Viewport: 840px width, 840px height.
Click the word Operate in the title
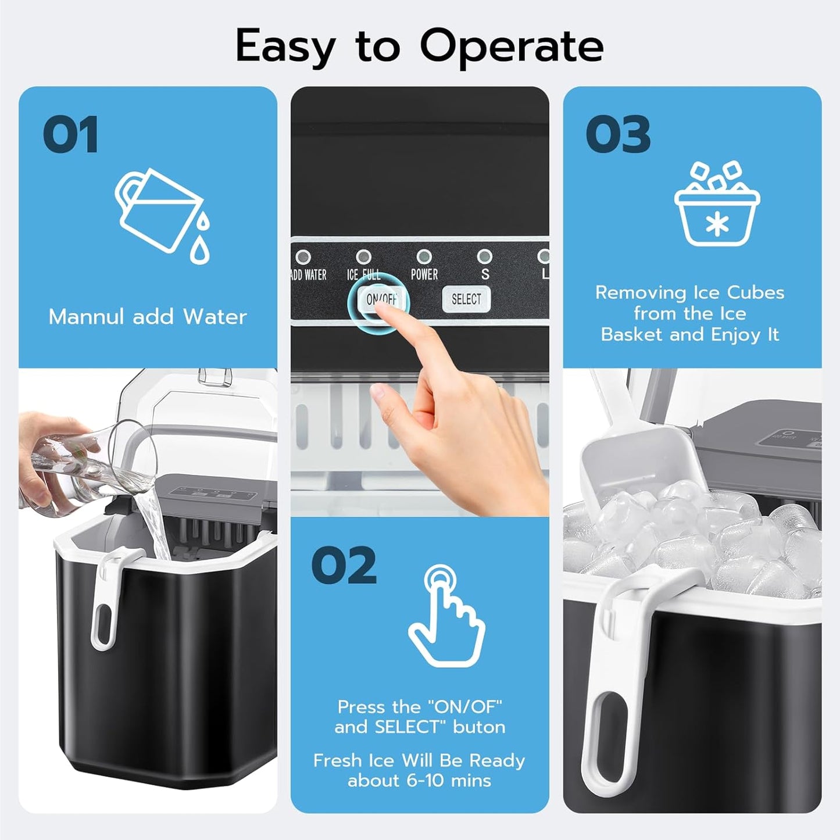tap(512, 47)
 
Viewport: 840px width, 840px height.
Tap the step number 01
tap(70, 135)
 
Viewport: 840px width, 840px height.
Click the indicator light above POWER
tap(424, 256)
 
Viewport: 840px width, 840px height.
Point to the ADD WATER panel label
tap(309, 275)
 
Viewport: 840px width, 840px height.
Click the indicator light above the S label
tap(484, 256)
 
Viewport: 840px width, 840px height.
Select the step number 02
tap(344, 565)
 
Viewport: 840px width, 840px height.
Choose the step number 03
tap(618, 135)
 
